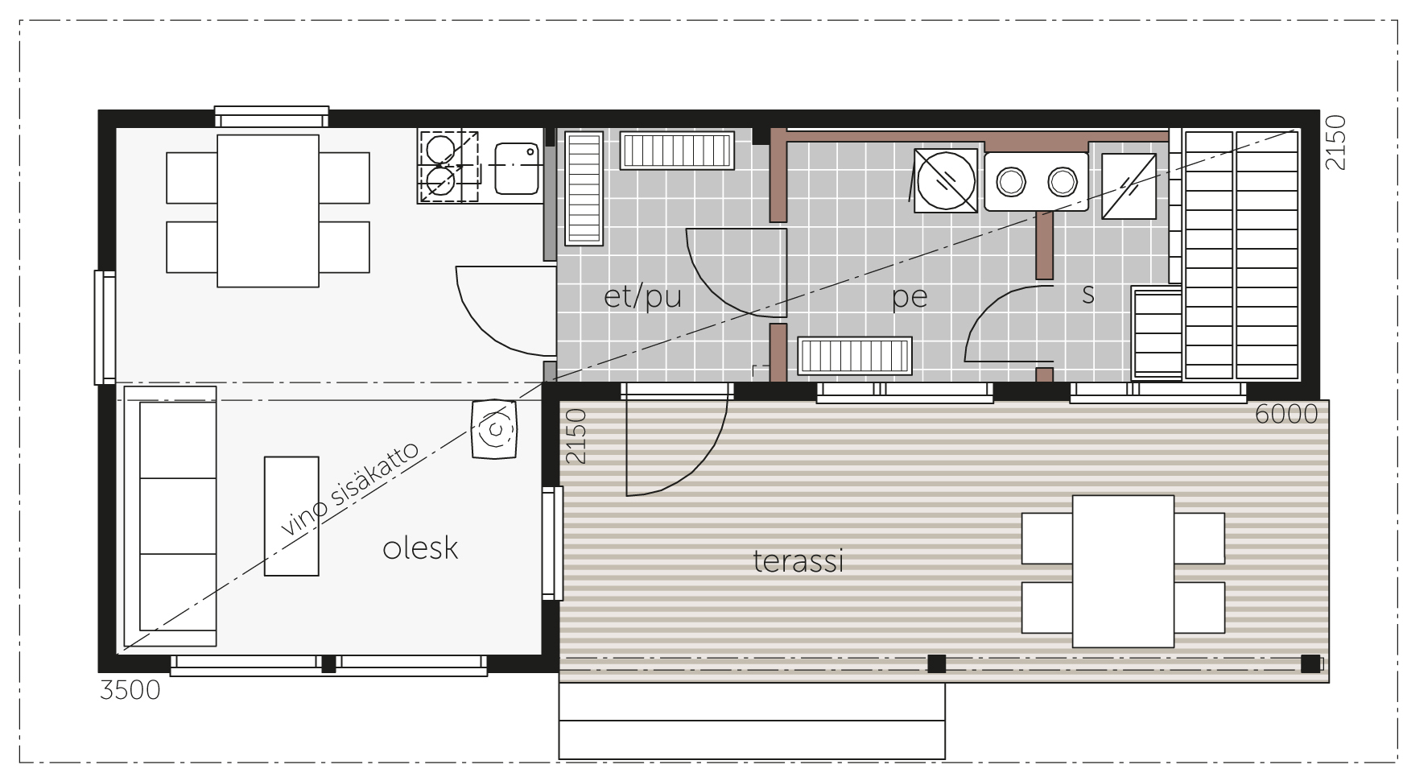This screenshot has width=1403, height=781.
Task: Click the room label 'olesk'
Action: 420,548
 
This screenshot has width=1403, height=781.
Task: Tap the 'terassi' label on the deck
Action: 798,560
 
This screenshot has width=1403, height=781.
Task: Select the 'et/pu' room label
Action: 642,297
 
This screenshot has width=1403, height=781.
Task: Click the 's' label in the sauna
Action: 1088,295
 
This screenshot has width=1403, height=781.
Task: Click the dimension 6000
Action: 1286,414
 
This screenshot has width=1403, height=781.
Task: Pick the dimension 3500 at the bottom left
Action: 130,690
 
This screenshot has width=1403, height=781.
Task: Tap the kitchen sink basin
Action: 516,167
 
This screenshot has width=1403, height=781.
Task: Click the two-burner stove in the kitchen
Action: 448,166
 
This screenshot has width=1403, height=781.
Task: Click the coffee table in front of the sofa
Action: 291,516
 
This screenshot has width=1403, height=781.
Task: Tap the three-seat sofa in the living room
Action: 167,516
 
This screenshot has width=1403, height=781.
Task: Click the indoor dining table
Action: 268,211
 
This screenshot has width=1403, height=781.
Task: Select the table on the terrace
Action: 1123,572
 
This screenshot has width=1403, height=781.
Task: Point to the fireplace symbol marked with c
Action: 494,429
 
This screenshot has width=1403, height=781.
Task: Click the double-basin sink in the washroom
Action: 1036,181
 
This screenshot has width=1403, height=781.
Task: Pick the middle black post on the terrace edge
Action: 936,664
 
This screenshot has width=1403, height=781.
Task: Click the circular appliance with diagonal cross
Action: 946,180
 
